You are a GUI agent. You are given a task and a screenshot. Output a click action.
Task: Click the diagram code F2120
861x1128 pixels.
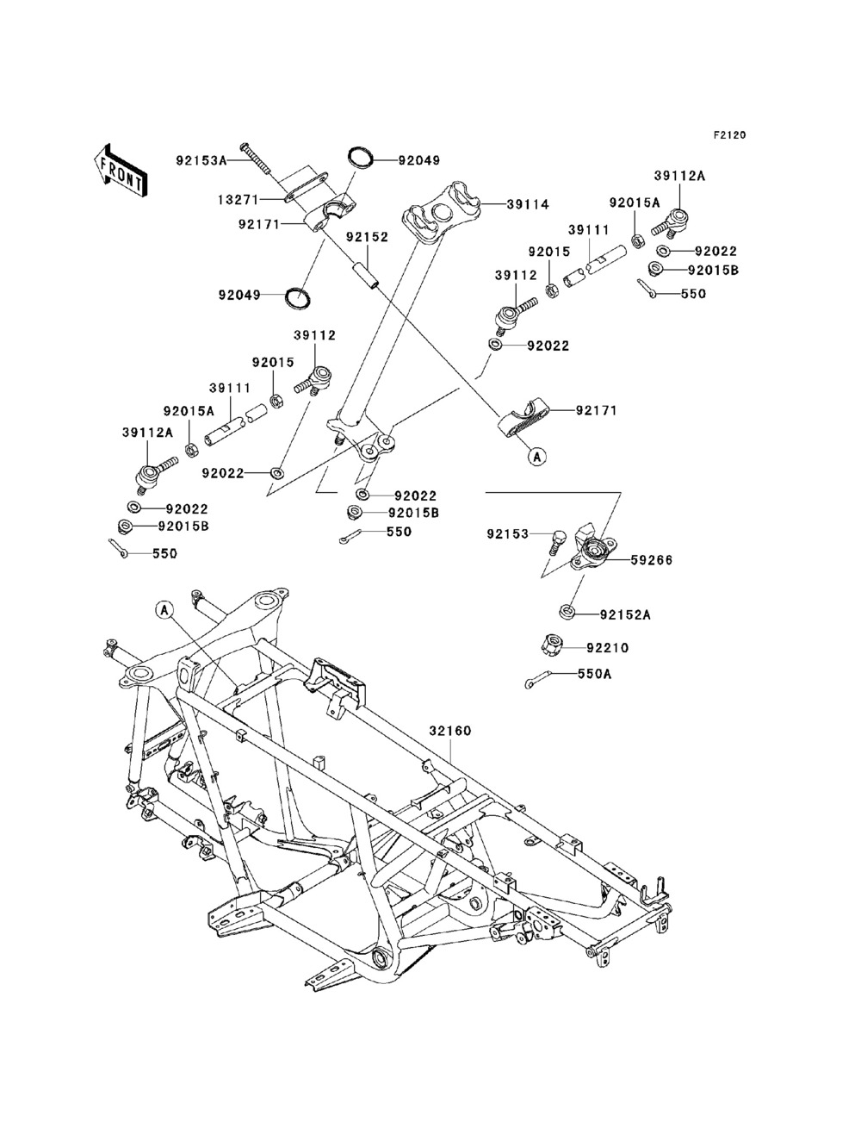pos(729,135)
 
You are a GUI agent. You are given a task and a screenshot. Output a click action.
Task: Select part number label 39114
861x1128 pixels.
pos(528,204)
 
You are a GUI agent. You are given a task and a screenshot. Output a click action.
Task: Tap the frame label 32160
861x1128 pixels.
pos(450,731)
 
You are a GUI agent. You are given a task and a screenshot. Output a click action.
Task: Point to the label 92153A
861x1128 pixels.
pos(201,160)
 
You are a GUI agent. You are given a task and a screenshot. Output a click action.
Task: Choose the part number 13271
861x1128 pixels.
pos(239,200)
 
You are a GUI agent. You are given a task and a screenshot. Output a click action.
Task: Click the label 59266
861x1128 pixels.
pos(651,560)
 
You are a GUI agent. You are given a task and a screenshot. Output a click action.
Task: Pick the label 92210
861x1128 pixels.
pos(607,648)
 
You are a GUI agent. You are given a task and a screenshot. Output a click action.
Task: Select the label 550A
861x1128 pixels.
pos(595,674)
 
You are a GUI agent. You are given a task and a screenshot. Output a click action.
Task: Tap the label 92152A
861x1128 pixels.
pos(625,614)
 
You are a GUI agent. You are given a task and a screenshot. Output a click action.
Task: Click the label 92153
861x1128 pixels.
pos(508,534)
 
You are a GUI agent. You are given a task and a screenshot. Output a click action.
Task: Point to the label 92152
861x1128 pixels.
pos(367,238)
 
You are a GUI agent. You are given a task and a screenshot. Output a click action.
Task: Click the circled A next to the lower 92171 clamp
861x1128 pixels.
pos(537,456)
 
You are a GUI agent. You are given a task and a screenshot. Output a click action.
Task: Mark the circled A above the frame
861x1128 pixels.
pos(164,610)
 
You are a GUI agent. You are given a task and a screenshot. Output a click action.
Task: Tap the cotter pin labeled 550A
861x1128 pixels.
pos(537,679)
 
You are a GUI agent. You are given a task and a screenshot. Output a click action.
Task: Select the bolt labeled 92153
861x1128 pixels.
pos(557,542)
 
